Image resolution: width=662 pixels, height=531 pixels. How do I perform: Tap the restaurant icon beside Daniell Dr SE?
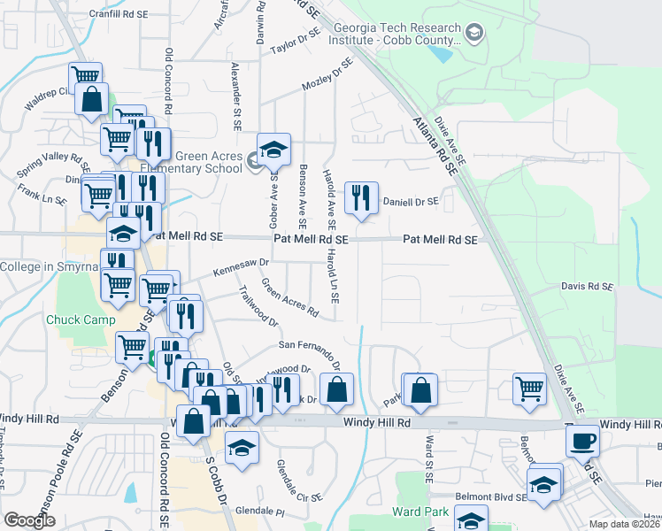[x=360, y=198]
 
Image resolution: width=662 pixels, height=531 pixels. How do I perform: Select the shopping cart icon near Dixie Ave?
[x=528, y=388]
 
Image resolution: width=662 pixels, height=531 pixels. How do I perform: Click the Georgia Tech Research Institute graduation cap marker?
[x=475, y=34]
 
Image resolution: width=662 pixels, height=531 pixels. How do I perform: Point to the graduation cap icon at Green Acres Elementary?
[x=274, y=150]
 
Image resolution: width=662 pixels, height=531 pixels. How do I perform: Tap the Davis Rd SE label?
[x=588, y=287]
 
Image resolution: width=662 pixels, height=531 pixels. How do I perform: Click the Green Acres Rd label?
[x=289, y=297]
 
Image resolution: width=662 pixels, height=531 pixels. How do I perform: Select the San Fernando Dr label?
[x=310, y=351]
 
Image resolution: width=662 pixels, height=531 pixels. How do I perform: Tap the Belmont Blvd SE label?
[x=490, y=498]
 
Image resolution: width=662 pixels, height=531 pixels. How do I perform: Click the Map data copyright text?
[x=625, y=524]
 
